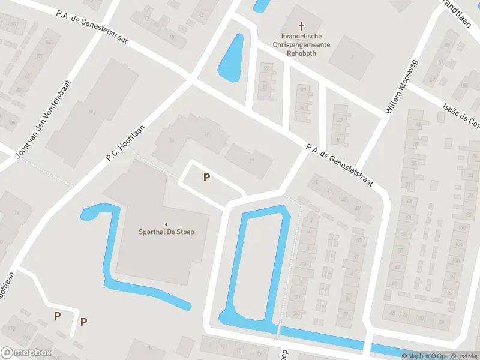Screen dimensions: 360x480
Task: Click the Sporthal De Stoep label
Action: pyautogui.click(x=167, y=232)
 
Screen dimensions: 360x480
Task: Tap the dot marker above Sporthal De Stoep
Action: pyautogui.click(x=166, y=224)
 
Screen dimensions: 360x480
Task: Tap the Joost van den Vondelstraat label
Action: pyautogui.click(x=44, y=121)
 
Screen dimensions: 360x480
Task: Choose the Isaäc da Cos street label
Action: pyautogui.click(x=461, y=115)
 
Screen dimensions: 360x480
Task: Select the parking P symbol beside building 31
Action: pyautogui.click(x=206, y=177)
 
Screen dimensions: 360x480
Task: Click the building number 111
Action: pyautogui.click(x=92, y=112)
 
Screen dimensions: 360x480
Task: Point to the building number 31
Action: pyautogui.click(x=251, y=160)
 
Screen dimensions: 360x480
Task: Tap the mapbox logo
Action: pyautogui.click(x=26, y=353)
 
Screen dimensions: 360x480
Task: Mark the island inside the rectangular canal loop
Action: pyautogui.click(x=256, y=264)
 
